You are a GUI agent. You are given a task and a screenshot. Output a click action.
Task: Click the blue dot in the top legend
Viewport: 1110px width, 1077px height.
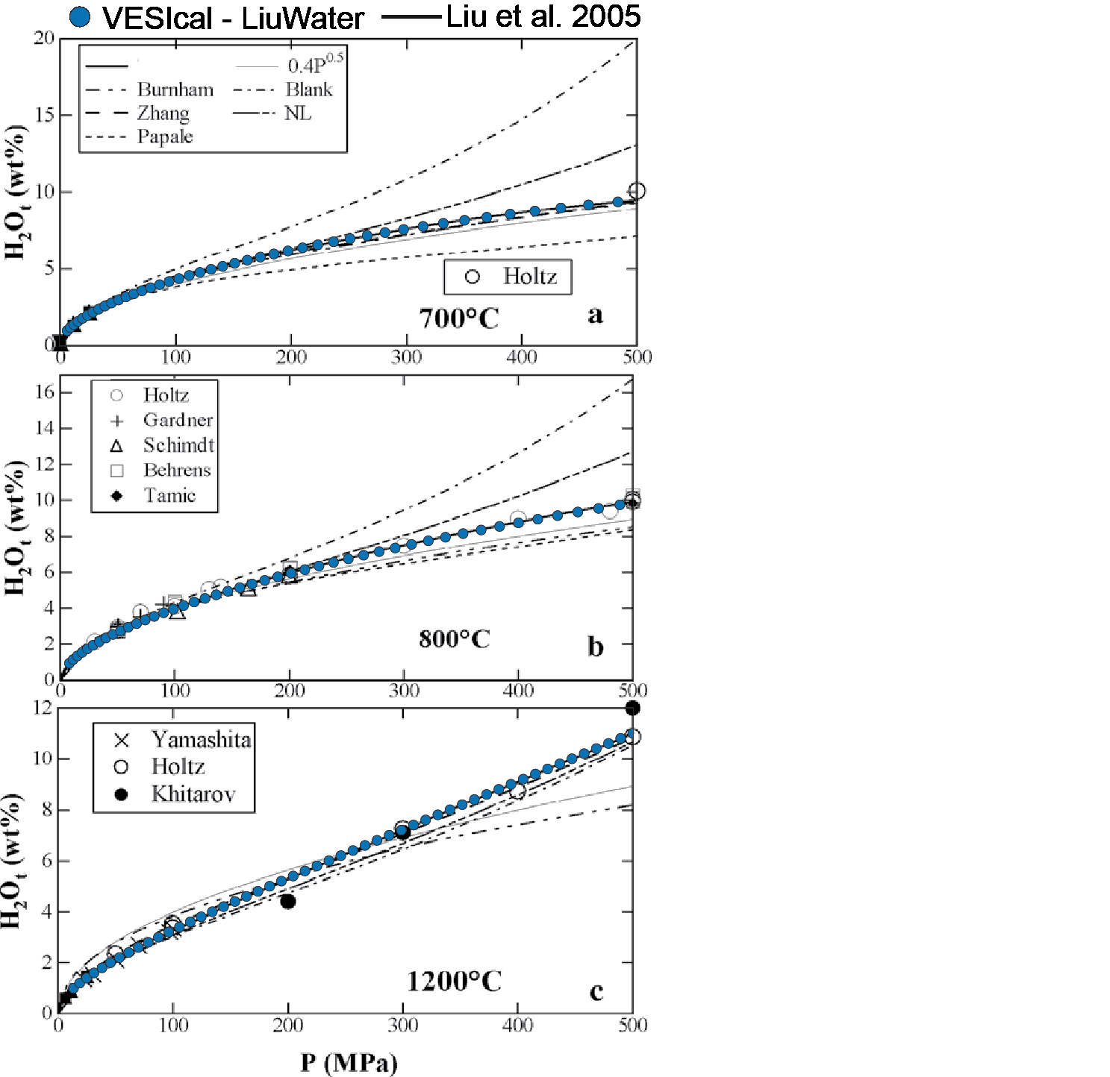pyautogui.click(x=80, y=17)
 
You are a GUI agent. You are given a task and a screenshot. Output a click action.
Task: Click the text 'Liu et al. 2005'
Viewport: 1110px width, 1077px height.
pyautogui.click(x=543, y=16)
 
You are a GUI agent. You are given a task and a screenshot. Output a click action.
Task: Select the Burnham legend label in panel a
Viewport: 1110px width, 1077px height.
pyautogui.click(x=175, y=90)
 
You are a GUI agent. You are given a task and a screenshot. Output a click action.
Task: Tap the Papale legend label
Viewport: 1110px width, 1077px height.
pyautogui.click(x=165, y=137)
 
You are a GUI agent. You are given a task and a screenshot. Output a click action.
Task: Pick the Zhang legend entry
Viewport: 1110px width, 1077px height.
pyautogui.click(x=163, y=113)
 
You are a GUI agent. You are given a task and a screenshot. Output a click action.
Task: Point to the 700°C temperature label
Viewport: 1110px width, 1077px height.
pyautogui.click(x=458, y=318)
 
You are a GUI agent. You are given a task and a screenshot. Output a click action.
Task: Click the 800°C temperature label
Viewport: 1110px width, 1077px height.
pyautogui.click(x=454, y=639)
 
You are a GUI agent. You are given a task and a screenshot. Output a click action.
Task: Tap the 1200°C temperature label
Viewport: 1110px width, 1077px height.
pyautogui.click(x=454, y=982)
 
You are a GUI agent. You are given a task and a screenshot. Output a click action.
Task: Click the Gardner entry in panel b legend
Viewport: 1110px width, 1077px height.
pyautogui.click(x=178, y=421)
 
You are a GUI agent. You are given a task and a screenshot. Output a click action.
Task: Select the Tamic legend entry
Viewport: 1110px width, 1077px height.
pyautogui.click(x=169, y=496)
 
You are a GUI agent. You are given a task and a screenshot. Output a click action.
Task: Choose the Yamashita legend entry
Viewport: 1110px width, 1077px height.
pyautogui.click(x=201, y=739)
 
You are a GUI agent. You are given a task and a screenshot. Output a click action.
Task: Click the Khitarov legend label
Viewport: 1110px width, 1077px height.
pyautogui.click(x=193, y=794)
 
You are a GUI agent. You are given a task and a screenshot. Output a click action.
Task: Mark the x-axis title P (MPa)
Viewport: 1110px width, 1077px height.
pyautogui.click(x=349, y=1063)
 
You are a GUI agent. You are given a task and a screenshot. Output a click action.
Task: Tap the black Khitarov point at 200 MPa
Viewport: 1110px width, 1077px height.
pyautogui.click(x=287, y=902)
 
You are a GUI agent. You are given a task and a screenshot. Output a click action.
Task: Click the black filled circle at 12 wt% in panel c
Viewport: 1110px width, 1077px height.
pyautogui.click(x=632, y=708)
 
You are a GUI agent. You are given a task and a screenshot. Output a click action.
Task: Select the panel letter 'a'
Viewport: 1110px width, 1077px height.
pyautogui.click(x=595, y=315)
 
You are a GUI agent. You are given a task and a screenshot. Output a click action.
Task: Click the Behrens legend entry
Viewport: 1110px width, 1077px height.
pyautogui.click(x=177, y=471)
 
